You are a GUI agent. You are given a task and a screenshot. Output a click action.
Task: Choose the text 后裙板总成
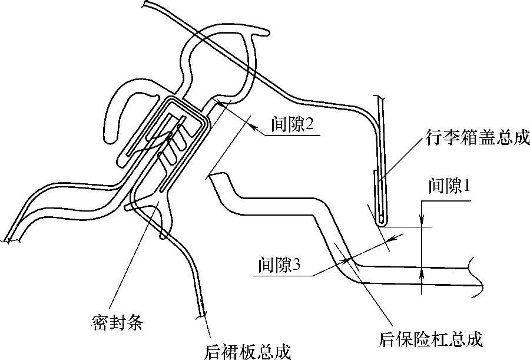pyautogui.click(x=247, y=351)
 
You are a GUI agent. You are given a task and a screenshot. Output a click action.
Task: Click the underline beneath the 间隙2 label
pyautogui.click(x=294, y=135)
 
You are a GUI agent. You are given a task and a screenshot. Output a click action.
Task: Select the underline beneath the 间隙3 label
pyautogui.click(x=283, y=275)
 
